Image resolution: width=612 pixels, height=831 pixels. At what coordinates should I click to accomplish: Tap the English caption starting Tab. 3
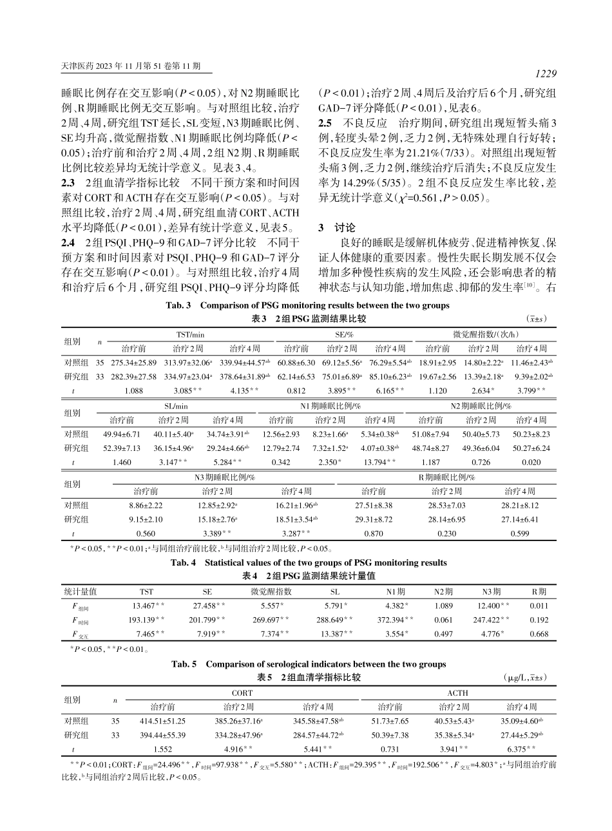click(x=305, y=306)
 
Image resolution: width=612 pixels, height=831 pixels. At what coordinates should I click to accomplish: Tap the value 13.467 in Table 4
click(x=146, y=606)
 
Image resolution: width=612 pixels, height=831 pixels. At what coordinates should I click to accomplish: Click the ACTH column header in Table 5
click(x=457, y=693)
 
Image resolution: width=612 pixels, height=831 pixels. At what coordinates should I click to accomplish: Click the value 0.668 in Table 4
click(x=539, y=635)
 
